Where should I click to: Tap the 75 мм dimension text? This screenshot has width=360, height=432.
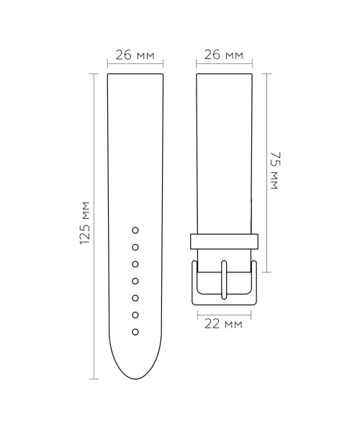point(274,172)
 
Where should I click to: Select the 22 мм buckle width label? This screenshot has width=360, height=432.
point(224,324)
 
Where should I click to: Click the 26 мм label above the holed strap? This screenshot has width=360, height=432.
point(135,55)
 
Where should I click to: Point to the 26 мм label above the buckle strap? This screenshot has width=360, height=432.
point(224,55)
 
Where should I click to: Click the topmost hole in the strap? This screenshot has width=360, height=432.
point(135,230)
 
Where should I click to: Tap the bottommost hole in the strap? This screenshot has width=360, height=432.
point(135,332)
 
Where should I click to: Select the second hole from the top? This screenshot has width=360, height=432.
point(135,247)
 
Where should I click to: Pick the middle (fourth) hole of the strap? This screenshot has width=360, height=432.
point(135,281)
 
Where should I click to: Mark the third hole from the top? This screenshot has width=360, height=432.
point(135,264)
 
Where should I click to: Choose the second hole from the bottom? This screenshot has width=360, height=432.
point(135,315)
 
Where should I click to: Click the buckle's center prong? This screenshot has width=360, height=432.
point(224,281)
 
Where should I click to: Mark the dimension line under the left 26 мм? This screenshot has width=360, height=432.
point(135,65)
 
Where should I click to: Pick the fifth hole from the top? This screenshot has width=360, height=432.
point(135,298)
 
